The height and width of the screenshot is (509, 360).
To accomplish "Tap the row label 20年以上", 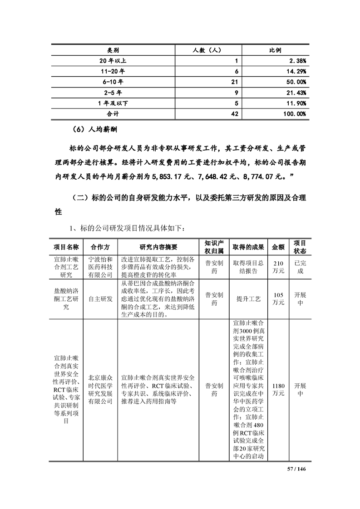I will [x=113, y=60].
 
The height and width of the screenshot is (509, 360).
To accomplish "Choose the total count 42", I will [x=235, y=113].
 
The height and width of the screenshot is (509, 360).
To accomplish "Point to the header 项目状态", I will [x=300, y=247].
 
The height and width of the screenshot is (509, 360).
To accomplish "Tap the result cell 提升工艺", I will [x=248, y=299].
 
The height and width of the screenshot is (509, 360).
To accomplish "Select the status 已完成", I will [x=300, y=267].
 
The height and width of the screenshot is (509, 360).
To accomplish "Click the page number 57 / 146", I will [x=298, y=469].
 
